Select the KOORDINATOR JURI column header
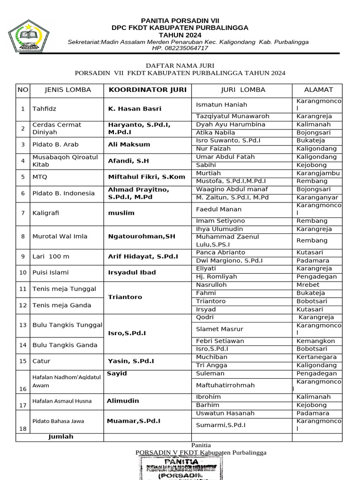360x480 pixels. (147, 90)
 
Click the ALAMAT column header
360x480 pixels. (318, 90)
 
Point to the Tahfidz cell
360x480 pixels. (44, 109)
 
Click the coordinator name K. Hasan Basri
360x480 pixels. (135, 109)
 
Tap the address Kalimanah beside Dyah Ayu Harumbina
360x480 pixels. (314, 125)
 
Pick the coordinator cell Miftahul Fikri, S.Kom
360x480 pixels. (147, 177)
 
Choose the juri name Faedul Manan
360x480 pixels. (218, 210)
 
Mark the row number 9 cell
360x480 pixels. (22, 256)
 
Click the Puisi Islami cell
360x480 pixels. (50, 272)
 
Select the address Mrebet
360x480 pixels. (308, 285)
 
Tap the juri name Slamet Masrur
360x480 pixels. (219, 330)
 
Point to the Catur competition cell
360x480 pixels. (41, 361)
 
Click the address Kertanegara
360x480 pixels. (316, 357)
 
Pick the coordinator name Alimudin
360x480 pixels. (123, 401)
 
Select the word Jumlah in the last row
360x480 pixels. (61, 437)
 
